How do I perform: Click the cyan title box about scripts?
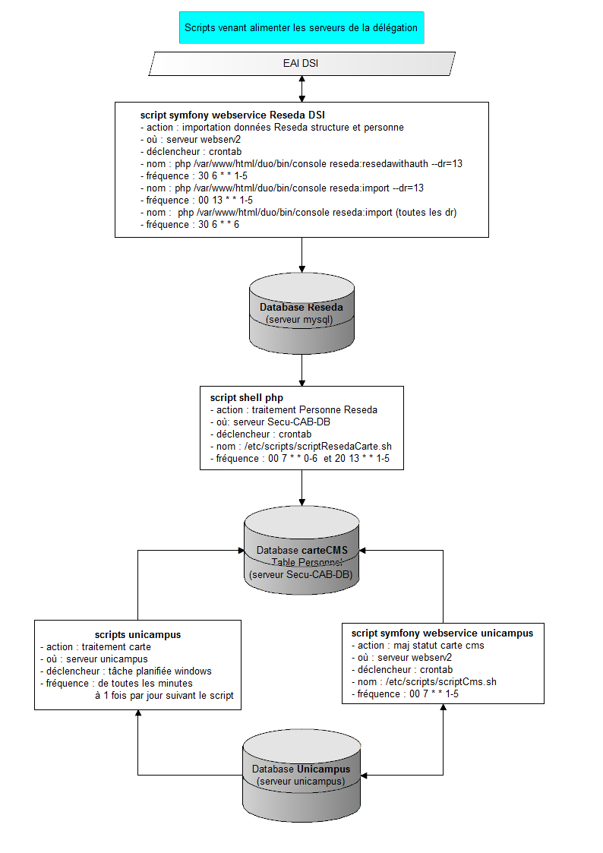301,27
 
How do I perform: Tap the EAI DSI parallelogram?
302,64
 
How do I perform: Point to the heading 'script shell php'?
246,398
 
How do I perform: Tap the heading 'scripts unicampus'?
137,634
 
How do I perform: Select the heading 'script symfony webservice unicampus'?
442,633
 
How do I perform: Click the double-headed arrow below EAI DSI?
302,89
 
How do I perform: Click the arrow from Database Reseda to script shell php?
302,370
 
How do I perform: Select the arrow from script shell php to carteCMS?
302,490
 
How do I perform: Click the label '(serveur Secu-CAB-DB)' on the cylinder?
301,576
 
